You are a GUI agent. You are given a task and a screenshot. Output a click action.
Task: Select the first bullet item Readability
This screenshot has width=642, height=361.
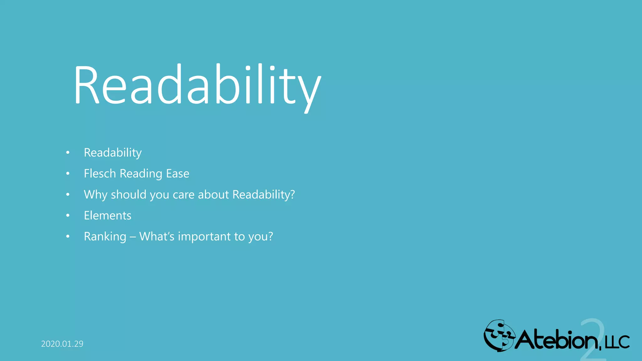tap(113, 153)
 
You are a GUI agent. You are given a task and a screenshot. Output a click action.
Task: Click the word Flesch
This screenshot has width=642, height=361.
tap(100, 174)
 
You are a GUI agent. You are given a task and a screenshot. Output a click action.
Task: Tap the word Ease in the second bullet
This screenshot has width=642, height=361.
tap(177, 174)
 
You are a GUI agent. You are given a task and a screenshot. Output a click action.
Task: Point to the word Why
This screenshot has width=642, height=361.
tap(96, 195)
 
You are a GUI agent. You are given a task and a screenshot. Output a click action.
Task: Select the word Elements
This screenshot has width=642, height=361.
tap(108, 216)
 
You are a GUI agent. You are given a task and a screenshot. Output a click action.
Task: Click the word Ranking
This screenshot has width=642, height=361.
tap(105, 237)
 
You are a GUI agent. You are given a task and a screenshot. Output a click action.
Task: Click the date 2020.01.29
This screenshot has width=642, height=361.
tap(62, 344)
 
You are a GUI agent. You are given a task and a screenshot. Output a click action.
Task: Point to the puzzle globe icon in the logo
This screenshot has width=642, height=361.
tap(499, 336)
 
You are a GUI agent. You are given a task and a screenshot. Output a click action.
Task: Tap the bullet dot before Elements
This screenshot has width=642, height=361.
tap(68, 216)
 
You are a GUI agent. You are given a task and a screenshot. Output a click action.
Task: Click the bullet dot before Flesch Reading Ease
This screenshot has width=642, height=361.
tap(68, 174)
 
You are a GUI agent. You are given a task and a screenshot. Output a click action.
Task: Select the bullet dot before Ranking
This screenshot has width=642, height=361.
tap(68, 237)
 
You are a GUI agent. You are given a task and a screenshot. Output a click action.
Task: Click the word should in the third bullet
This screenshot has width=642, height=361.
tap(129, 195)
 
